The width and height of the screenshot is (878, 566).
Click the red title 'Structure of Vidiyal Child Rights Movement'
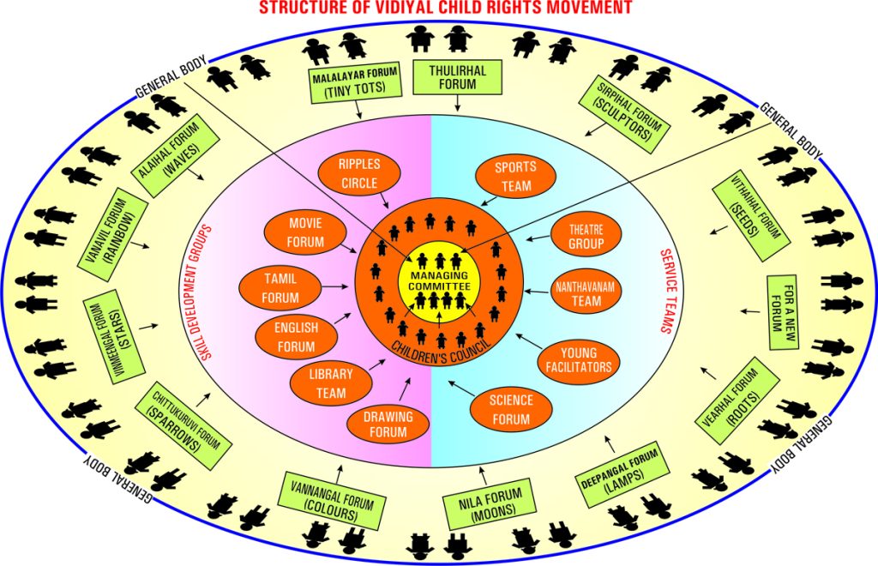point(438,9)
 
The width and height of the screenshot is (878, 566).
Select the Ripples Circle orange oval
point(358,172)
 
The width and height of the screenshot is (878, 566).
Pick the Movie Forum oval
point(306,232)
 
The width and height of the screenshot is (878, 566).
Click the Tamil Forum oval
point(281,288)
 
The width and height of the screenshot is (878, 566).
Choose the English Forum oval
point(296,337)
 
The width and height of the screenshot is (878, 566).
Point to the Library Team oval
point(330,383)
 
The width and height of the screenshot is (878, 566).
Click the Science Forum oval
point(511,408)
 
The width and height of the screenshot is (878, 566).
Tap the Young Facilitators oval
point(579,360)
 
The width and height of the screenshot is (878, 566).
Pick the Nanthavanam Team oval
point(586,292)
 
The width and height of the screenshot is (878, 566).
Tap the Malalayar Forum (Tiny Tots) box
point(354,84)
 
